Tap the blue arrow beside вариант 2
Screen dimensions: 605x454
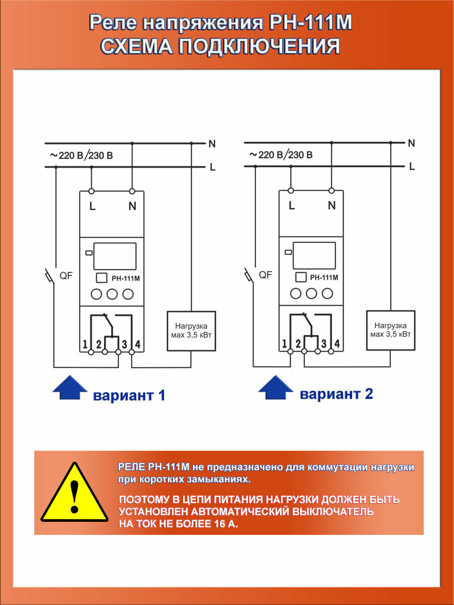[x=275, y=388]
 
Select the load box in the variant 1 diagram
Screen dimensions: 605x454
[x=191, y=331]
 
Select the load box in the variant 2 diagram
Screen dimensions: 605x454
[x=390, y=330]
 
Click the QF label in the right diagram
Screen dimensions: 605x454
[x=265, y=275]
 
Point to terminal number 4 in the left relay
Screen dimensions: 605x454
[x=138, y=345]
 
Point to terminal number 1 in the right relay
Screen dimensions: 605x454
[x=285, y=344]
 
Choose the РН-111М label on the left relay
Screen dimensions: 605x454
[x=125, y=278]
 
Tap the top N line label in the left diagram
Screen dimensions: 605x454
[x=212, y=144]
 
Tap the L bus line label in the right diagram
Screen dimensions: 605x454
[x=412, y=166]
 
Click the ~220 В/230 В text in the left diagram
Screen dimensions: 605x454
[x=82, y=156]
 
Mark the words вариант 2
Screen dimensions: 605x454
[x=336, y=394]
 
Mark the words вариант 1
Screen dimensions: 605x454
[x=129, y=396]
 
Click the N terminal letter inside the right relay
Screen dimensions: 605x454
[x=331, y=205]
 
